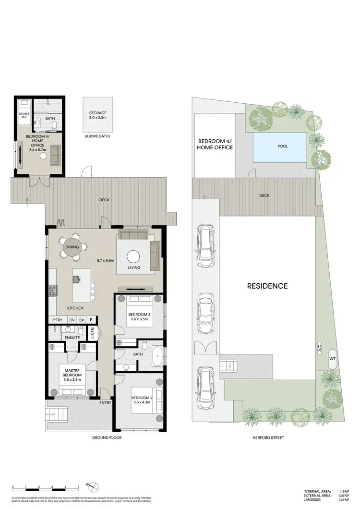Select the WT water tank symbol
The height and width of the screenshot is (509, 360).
pos(332,359)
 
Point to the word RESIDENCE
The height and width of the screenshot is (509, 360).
pos(267,286)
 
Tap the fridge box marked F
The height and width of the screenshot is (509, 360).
pos(91,320)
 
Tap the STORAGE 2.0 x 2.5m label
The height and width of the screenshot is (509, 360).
pos(98,115)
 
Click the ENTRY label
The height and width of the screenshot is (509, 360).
pos(105,403)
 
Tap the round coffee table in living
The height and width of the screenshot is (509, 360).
pos(133,256)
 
